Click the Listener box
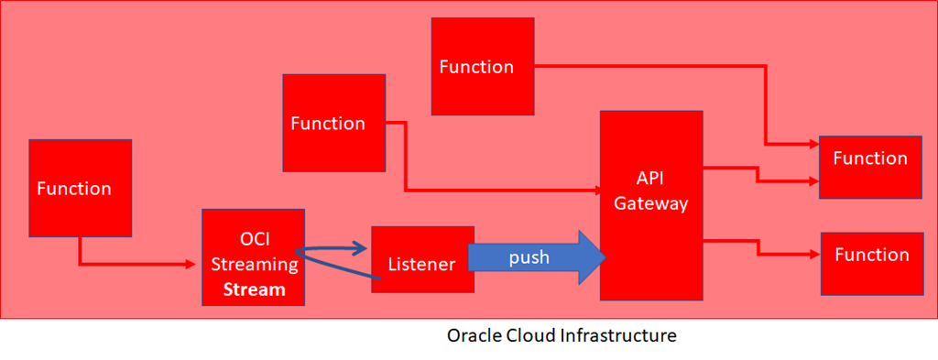point(422,259)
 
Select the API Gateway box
point(651,205)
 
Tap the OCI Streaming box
point(254,257)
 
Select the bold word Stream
point(255,289)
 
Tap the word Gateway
point(651,203)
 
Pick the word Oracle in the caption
point(468,335)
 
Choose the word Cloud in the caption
point(525,335)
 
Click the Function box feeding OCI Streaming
point(81,189)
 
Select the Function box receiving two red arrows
point(870,167)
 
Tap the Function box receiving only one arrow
point(872,264)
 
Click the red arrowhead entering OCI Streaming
point(191,264)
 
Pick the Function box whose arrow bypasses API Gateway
point(483,66)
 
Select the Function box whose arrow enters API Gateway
point(333,123)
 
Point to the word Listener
point(422,263)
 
